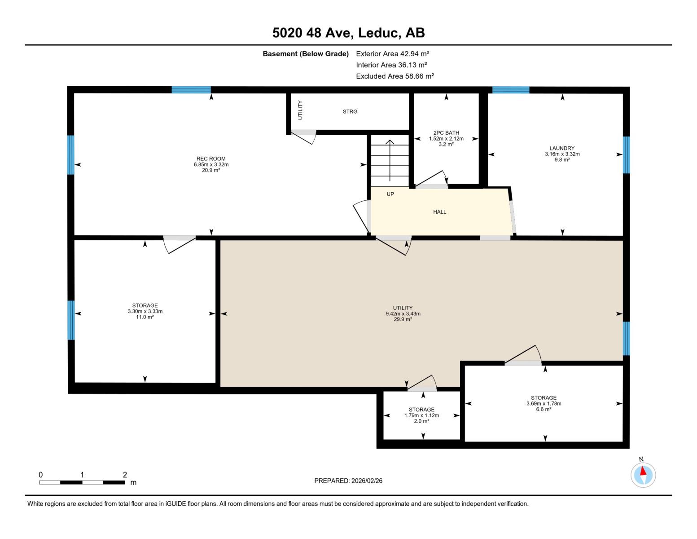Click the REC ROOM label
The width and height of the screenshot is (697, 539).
[211, 159]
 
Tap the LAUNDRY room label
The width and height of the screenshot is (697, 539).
[562, 148]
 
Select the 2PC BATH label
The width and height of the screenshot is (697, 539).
[446, 133]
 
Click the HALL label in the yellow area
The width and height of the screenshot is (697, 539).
[439, 212]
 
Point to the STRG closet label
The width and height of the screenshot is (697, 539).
[350, 111]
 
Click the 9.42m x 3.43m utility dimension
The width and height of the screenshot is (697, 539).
[403, 314]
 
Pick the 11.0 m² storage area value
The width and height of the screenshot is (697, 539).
[145, 317]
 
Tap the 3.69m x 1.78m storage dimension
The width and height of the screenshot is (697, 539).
[544, 403]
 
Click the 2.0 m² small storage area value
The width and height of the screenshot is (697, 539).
[421, 421]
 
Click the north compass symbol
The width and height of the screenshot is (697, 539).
[643, 475]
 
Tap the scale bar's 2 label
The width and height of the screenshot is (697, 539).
[125, 475]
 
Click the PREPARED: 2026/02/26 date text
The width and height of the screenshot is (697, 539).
[348, 481]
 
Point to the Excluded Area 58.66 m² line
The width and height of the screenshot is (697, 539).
[395, 76]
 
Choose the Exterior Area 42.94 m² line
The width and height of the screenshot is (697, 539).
[393, 53]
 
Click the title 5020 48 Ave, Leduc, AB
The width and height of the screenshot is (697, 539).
[348, 33]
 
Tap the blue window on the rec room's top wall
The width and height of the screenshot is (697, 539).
[191, 90]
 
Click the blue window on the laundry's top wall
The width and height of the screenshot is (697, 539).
[511, 90]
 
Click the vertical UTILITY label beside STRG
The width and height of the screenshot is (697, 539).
[300, 110]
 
